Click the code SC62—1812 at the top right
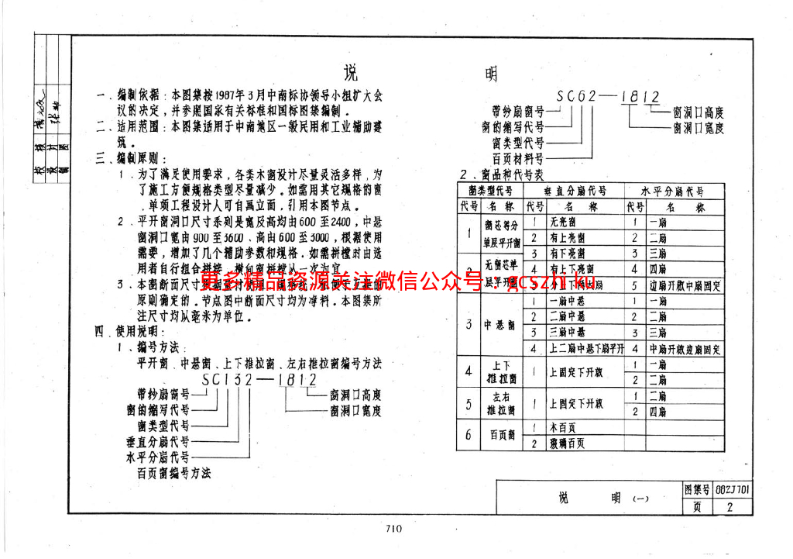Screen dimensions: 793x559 pyautogui.click(x=608, y=98)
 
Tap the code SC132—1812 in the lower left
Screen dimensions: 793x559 pyautogui.click(x=259, y=380)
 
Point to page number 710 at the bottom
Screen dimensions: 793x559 pyautogui.click(x=393, y=530)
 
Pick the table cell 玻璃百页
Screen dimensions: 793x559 pyautogui.click(x=568, y=443)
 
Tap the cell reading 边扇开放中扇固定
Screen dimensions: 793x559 pyautogui.click(x=686, y=285)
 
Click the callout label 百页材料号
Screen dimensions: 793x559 pyautogui.click(x=518, y=158)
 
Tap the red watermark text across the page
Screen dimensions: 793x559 pyautogui.click(x=395, y=280)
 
